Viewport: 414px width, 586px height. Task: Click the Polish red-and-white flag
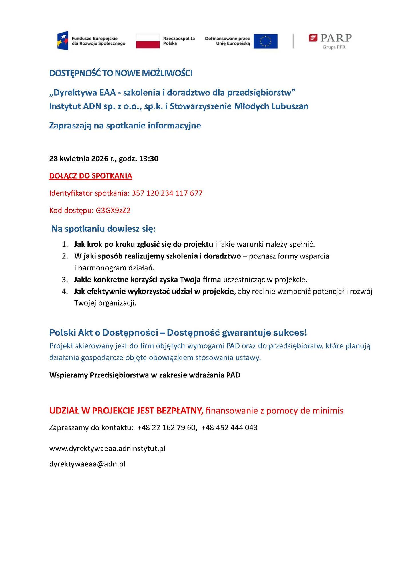[x=148, y=41]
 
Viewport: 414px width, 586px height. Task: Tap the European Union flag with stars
[x=265, y=41]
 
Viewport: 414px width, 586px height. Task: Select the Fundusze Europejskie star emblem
[x=63, y=41]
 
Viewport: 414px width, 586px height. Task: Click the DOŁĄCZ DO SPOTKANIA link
[x=91, y=176]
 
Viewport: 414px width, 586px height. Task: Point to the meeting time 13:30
[x=149, y=159]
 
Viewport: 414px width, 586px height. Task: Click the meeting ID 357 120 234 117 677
[x=167, y=193]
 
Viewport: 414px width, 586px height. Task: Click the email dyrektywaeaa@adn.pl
[x=87, y=464]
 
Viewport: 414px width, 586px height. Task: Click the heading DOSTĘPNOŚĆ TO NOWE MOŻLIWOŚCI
[x=121, y=73]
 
